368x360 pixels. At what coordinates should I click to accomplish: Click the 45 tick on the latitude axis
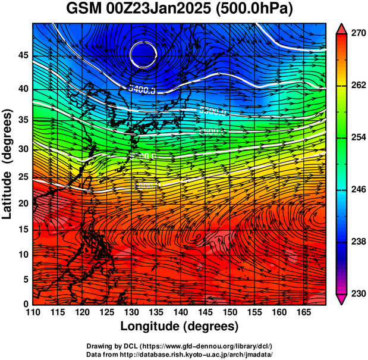(23, 55)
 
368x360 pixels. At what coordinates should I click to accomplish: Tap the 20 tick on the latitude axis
(23, 203)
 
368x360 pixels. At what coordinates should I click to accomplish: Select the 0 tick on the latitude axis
(26, 304)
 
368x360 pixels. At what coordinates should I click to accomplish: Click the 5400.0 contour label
(141, 89)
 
